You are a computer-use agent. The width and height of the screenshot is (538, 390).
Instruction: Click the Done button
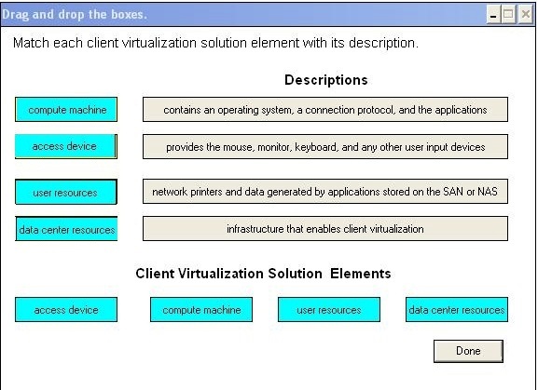[468, 351]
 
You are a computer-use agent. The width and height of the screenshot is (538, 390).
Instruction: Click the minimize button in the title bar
[493, 14]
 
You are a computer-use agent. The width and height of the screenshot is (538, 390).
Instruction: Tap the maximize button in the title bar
[508, 14]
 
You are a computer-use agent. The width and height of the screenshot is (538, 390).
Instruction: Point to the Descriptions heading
[326, 80]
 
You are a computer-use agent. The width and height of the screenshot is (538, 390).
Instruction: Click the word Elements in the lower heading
[361, 274]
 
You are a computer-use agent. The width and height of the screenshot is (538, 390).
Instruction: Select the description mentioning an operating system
[325, 110]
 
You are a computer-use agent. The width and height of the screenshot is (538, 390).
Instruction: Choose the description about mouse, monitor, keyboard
[325, 146]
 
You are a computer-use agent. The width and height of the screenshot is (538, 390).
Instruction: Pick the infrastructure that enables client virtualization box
[325, 228]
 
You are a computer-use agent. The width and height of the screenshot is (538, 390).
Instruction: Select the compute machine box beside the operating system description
[66, 110]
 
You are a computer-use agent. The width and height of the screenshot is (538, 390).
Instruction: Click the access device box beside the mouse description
[66, 146]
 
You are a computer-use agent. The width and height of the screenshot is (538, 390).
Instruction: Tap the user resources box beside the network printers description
[66, 192]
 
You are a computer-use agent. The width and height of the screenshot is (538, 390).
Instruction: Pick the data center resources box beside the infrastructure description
[66, 229]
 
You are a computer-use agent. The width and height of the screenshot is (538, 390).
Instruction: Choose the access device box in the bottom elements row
[66, 310]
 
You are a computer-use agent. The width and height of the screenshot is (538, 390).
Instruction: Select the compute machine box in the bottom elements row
[201, 310]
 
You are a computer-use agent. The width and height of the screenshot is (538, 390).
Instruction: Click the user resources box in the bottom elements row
[329, 310]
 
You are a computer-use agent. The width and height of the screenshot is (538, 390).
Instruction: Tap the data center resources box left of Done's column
[457, 310]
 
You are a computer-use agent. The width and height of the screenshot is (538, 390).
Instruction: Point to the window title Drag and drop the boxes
[75, 14]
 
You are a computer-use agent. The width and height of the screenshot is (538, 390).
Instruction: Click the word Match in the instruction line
[31, 43]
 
